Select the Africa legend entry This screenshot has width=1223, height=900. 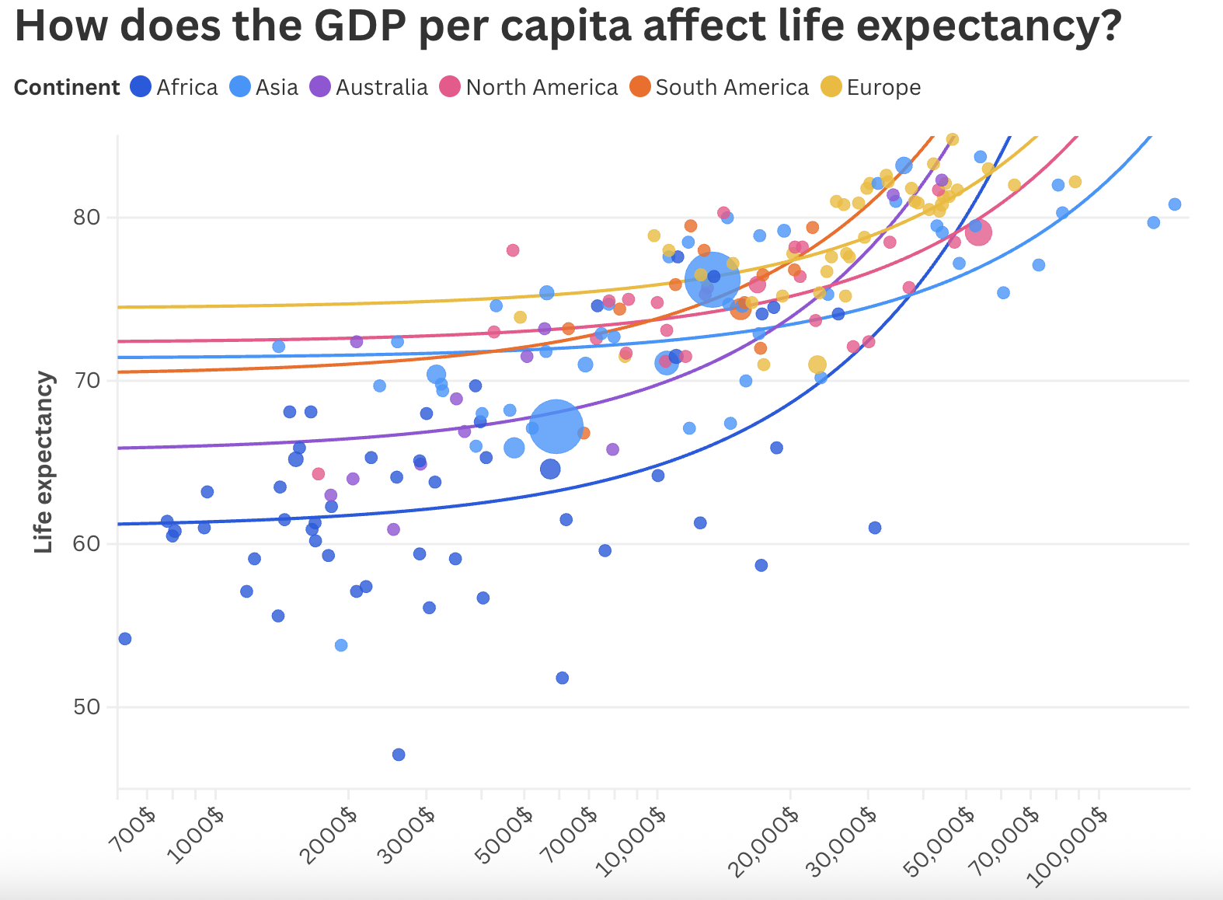tap(175, 87)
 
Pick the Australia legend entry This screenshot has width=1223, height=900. tap(370, 87)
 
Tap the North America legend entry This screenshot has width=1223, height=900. tap(530, 87)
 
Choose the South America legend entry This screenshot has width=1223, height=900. tap(720, 87)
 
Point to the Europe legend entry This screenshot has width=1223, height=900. tap(872, 87)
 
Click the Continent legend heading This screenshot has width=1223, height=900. tap(67, 87)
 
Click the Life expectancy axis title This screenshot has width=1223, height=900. tap(44, 462)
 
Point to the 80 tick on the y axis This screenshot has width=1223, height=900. tap(86, 217)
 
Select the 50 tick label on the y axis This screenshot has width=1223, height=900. tap(86, 707)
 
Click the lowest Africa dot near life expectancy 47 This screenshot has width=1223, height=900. tap(399, 755)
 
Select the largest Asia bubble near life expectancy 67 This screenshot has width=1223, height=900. tap(556, 427)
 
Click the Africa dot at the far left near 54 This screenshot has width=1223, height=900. tap(125, 639)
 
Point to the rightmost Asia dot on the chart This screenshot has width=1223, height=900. tap(1175, 204)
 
